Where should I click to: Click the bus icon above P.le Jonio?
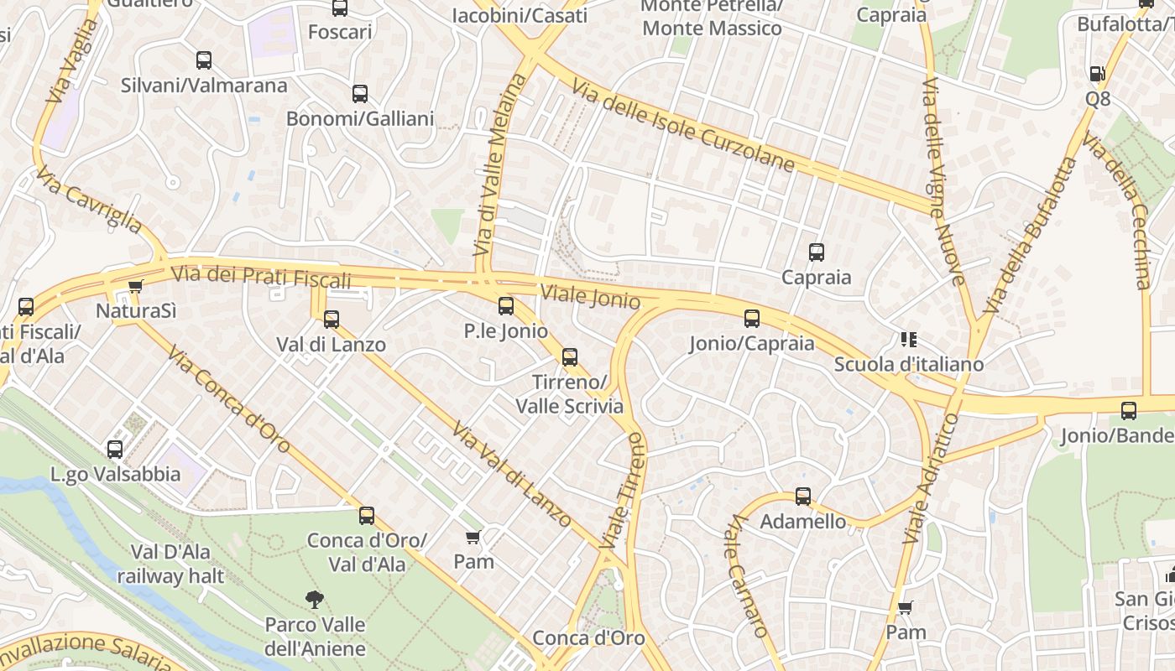(505, 306)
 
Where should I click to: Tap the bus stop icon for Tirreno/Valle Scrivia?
(570, 357)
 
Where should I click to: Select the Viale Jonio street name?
(591, 296)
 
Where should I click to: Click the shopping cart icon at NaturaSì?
(136, 286)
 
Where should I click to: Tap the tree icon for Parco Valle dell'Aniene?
(315, 599)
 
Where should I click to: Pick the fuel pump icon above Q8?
(1097, 74)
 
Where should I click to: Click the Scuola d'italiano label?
(908, 365)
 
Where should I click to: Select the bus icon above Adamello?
(803, 496)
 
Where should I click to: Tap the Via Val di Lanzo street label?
(511, 475)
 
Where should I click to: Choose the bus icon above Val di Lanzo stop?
(332, 319)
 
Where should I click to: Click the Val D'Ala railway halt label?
(170, 564)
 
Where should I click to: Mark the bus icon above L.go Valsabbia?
(115, 450)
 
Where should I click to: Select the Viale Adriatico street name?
(930, 479)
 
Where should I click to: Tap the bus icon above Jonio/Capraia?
(752, 318)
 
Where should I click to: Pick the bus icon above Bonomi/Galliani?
(360, 94)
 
